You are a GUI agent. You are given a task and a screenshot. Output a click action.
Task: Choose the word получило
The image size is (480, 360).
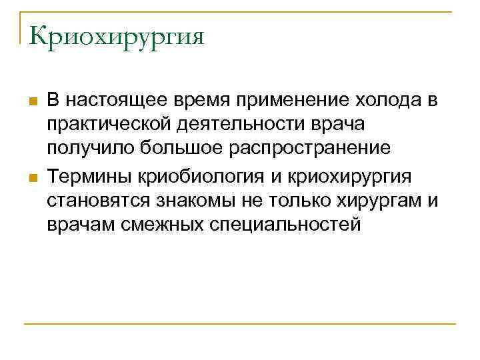click(88, 151)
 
